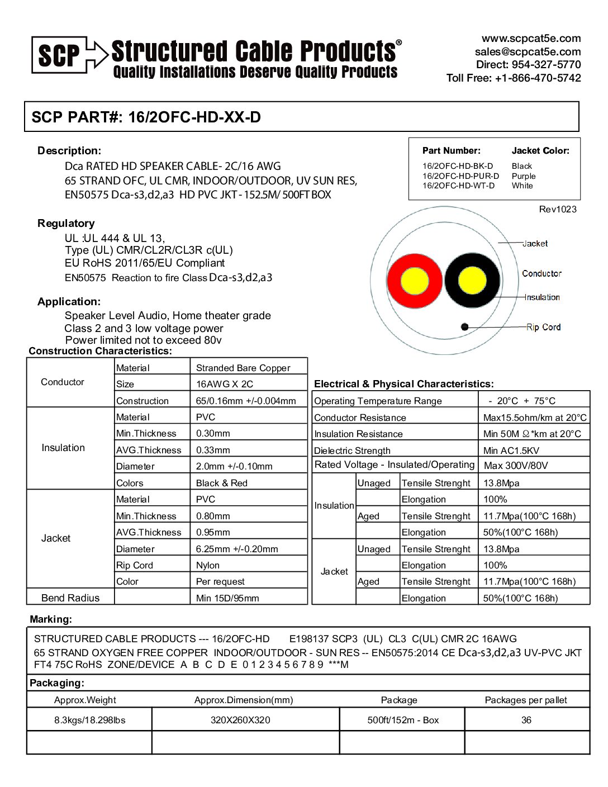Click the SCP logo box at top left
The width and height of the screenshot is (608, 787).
(x=59, y=54)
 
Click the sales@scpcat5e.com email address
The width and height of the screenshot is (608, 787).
(x=528, y=51)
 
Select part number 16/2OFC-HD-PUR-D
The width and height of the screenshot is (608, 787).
(x=460, y=176)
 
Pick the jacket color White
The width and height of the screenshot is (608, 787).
(x=522, y=186)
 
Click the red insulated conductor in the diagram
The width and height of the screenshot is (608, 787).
(x=413, y=280)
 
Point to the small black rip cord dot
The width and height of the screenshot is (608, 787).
(x=464, y=327)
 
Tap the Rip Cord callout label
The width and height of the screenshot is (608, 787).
(x=543, y=327)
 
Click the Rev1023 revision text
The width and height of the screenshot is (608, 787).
(x=558, y=210)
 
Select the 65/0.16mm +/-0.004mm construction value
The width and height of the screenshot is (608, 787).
(x=246, y=401)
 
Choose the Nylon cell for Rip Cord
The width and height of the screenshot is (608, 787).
(x=208, y=565)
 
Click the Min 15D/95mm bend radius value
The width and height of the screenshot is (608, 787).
(x=227, y=598)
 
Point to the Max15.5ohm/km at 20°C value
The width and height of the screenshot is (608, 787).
(x=535, y=418)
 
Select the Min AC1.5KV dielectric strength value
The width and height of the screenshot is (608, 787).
(x=511, y=451)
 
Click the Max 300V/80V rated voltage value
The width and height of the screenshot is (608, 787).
(x=515, y=466)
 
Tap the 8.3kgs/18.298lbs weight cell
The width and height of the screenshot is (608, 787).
(x=89, y=720)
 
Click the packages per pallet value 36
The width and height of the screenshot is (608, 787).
(x=526, y=720)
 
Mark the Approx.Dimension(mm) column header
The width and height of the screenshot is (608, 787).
(x=244, y=700)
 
